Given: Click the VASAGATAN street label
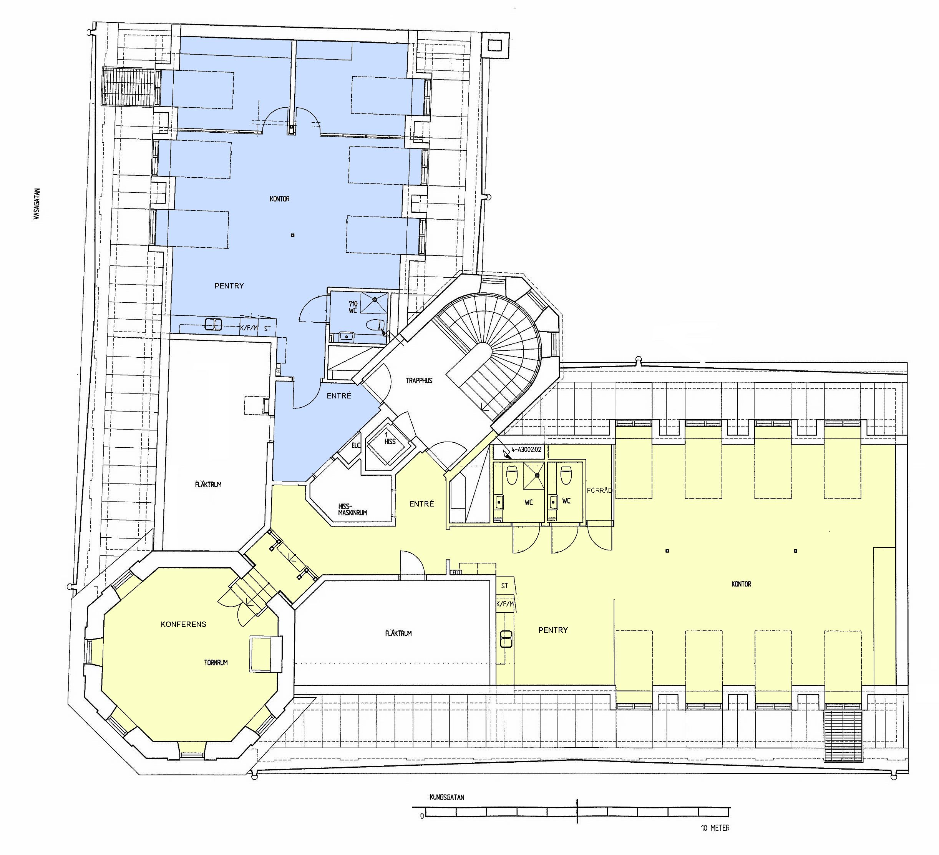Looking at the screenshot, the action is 37,204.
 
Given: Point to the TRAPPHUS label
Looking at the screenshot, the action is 419,380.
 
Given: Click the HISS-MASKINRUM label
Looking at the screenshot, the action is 353,509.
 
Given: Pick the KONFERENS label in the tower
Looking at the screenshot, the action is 184,624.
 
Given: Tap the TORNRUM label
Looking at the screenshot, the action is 216,662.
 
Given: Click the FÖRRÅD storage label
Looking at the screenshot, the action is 599,490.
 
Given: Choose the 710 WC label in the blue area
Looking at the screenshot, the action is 353,307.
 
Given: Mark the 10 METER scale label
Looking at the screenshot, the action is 715,828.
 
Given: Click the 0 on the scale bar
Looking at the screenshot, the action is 422,816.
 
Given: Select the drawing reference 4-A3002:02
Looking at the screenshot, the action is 526,450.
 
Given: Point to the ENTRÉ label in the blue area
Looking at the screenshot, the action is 339,396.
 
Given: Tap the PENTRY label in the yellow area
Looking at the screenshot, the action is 553,630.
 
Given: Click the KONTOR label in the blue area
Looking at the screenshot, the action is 279,199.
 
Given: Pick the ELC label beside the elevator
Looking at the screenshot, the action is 356,446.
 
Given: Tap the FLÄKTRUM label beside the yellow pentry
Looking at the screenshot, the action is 398,633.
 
